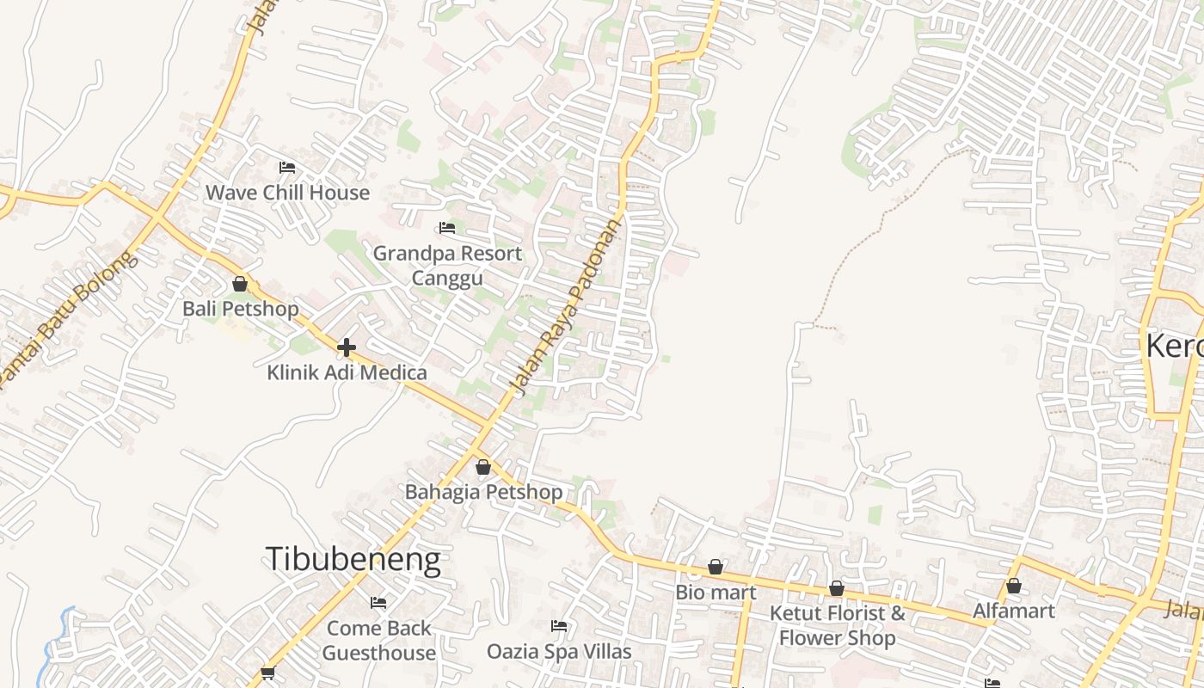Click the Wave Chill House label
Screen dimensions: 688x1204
(x=287, y=193)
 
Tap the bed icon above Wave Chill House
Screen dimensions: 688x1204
(x=287, y=168)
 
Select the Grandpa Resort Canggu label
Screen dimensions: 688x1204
(x=447, y=266)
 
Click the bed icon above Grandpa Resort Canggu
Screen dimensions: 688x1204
(x=447, y=228)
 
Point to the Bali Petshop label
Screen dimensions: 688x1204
(x=241, y=309)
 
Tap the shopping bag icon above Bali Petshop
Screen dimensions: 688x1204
(x=240, y=284)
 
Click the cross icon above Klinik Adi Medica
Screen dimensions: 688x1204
(x=347, y=347)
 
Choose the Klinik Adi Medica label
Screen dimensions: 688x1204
(x=347, y=372)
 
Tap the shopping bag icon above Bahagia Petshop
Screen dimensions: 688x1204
(x=483, y=467)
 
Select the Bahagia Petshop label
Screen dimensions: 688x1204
(x=483, y=492)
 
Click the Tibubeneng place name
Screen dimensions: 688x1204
(x=353, y=559)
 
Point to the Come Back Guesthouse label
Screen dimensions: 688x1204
(x=378, y=641)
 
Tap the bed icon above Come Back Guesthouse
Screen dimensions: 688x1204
(x=378, y=603)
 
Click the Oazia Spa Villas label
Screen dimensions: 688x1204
(x=559, y=652)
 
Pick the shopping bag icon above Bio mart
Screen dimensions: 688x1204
(x=716, y=568)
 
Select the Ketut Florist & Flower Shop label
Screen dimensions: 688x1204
(x=837, y=626)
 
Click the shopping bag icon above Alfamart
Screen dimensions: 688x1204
(x=1014, y=587)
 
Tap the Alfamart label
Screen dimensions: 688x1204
(x=1014, y=611)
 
